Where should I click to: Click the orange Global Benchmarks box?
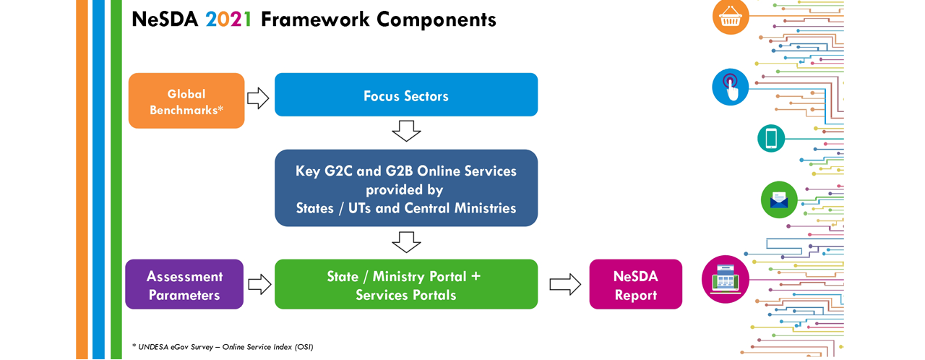click(186, 100)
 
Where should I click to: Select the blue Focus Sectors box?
click(406, 95)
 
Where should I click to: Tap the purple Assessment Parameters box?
click(184, 284)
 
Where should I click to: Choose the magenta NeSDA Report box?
click(635, 284)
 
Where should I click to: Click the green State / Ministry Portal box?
click(406, 284)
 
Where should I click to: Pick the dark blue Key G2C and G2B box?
click(406, 188)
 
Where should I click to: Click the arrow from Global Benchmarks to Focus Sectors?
click(258, 98)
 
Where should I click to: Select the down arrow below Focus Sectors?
click(406, 131)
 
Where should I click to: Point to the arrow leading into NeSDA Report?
click(565, 284)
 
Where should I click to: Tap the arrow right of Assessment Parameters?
click(259, 284)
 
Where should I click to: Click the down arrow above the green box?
click(406, 242)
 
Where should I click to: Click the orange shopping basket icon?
click(731, 17)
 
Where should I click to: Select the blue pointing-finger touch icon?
click(730, 87)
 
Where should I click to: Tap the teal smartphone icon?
click(771, 138)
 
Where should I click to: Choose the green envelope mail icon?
click(779, 200)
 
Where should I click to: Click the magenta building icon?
click(726, 280)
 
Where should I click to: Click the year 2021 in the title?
click(228, 20)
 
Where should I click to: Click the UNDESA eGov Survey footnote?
click(223, 347)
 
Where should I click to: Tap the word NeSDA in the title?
click(165, 20)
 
